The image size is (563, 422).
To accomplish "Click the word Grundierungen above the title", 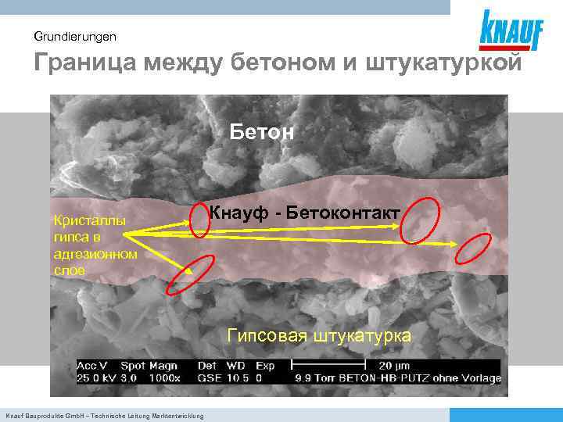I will pyautogui.click(x=75, y=37).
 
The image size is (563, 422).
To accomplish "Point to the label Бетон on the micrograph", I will pyautogui.click(x=262, y=132).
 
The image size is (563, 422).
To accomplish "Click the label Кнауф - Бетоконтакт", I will pyautogui.click(x=305, y=213).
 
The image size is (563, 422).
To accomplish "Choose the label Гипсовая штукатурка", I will pyautogui.click(x=319, y=336).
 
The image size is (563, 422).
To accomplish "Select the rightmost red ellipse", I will pyautogui.click(x=472, y=249).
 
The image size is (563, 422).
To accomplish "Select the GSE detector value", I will pyautogui.click(x=209, y=378).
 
